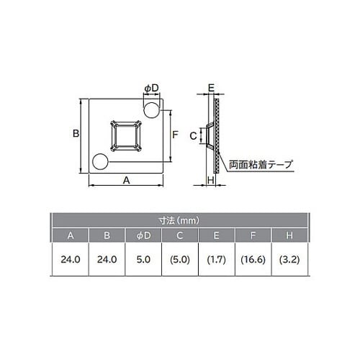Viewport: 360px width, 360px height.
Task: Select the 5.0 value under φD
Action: coord(143,260)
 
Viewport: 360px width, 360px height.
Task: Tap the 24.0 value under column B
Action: coord(107,260)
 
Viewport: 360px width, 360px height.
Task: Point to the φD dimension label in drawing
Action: coord(151,88)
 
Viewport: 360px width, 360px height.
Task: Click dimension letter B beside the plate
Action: coord(75,134)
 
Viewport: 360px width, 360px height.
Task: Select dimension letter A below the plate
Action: coord(127,181)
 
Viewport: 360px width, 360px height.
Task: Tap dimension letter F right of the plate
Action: coord(175,135)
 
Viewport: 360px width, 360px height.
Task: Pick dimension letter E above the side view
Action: coord(211,88)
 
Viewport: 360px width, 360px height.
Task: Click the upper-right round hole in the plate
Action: coord(152,109)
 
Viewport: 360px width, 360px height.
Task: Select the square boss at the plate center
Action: coord(127,135)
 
